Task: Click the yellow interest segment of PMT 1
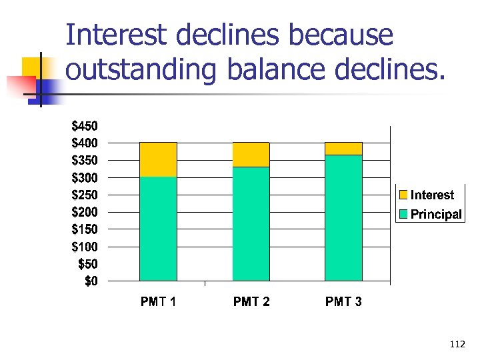tap(158, 159)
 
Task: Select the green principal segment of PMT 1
tap(158, 229)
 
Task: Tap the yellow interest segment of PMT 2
tap(251, 155)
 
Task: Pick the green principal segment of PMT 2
tap(251, 224)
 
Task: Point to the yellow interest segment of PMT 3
tap(343, 149)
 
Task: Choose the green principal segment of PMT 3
tap(343, 218)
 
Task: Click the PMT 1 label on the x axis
tap(158, 302)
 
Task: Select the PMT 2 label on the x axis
tap(251, 302)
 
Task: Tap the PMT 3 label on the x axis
tap(343, 302)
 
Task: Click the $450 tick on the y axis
tap(84, 126)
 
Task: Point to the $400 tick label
tap(84, 143)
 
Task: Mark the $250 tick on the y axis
tap(84, 195)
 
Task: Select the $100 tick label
tap(84, 247)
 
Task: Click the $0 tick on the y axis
tap(90, 281)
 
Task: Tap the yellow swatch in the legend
tap(403, 195)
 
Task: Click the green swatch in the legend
tap(403, 214)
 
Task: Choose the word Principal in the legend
tap(436, 214)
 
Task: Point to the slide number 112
tap(457, 344)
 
